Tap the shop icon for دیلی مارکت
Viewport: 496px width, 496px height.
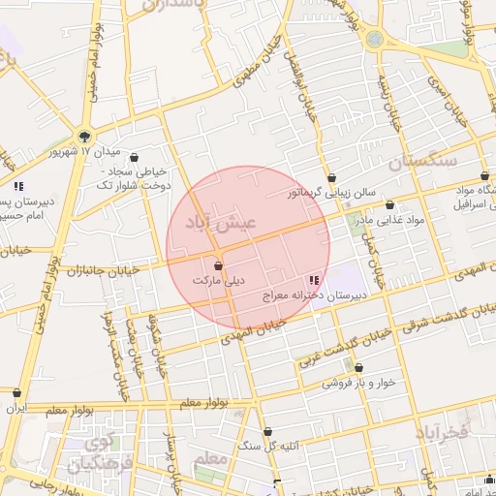tap(219, 264)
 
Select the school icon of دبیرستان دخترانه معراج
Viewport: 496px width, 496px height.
tap(325, 279)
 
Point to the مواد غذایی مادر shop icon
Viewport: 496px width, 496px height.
tap(390, 204)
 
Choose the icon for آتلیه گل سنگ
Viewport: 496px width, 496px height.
tap(268, 432)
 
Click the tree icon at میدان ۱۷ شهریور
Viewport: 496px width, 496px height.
tap(85, 137)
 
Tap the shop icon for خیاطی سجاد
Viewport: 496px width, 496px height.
tap(133, 158)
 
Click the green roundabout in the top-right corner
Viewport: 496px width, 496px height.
tap(375, 40)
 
